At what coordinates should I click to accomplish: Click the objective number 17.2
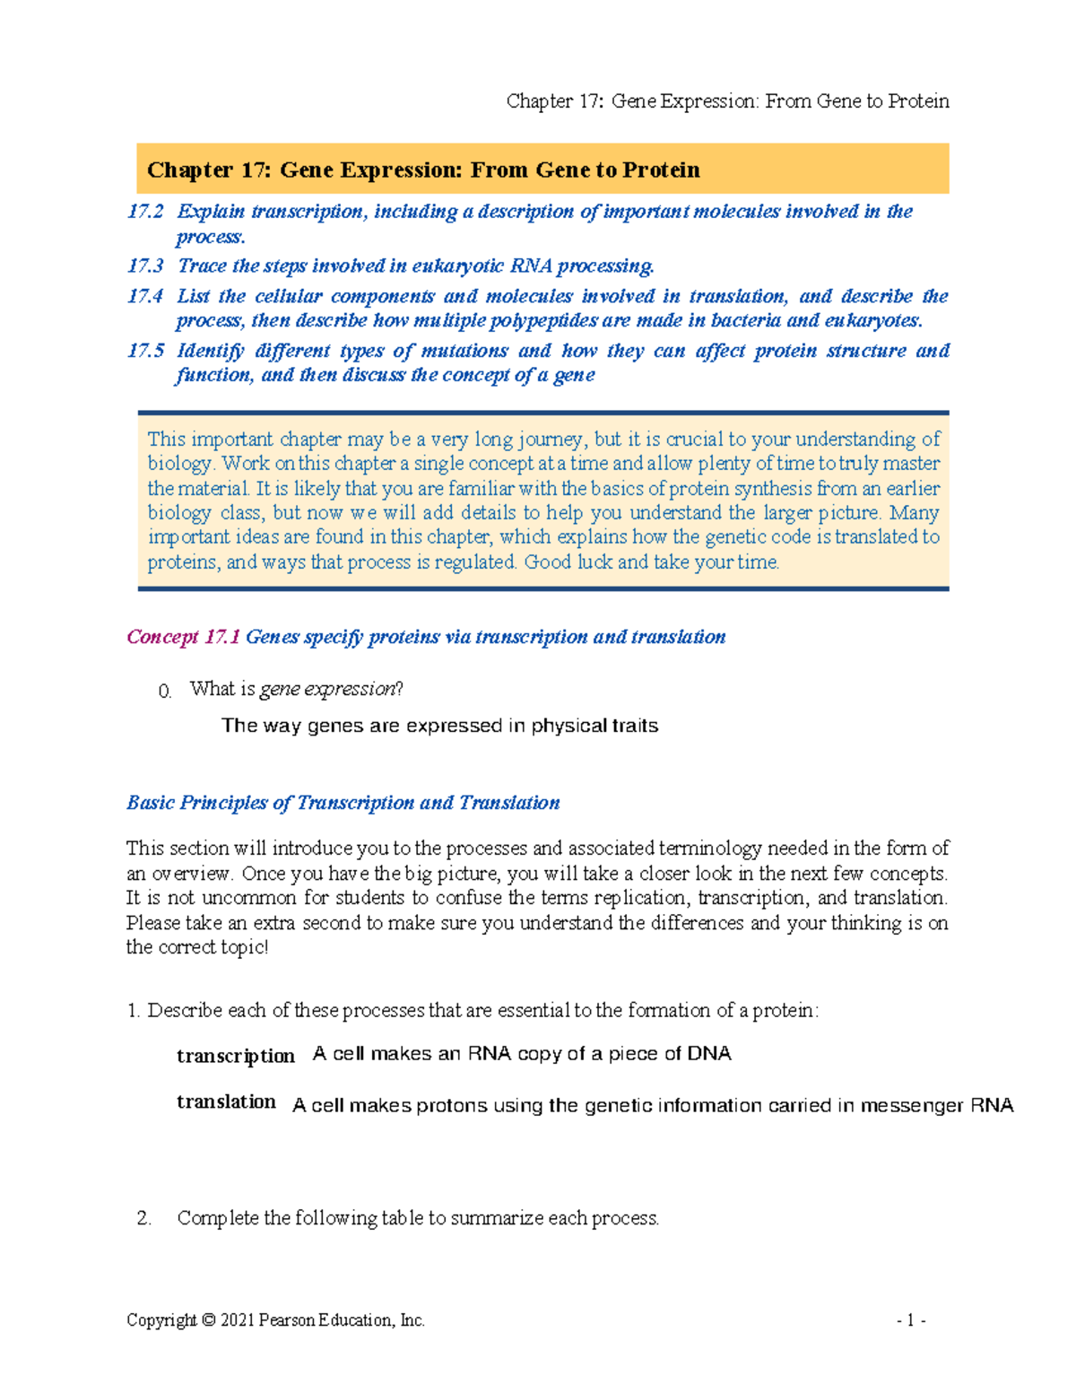point(145,212)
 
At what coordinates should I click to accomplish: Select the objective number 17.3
point(145,266)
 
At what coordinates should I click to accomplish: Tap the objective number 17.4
point(145,296)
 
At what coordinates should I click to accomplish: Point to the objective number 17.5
point(145,351)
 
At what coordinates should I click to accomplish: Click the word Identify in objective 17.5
point(210,351)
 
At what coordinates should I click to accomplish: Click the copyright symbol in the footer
point(208,1320)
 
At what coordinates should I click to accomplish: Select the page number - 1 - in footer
point(910,1320)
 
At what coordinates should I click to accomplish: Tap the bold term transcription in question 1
point(236,1056)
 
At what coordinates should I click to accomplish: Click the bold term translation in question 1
point(226,1101)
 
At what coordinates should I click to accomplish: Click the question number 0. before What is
point(164,692)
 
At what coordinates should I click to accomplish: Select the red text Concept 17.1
point(183,637)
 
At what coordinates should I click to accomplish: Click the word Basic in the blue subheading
point(150,803)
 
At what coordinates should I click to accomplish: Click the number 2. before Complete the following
point(144,1218)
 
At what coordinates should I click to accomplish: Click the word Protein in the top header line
point(917,101)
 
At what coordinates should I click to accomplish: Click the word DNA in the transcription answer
point(709,1054)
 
